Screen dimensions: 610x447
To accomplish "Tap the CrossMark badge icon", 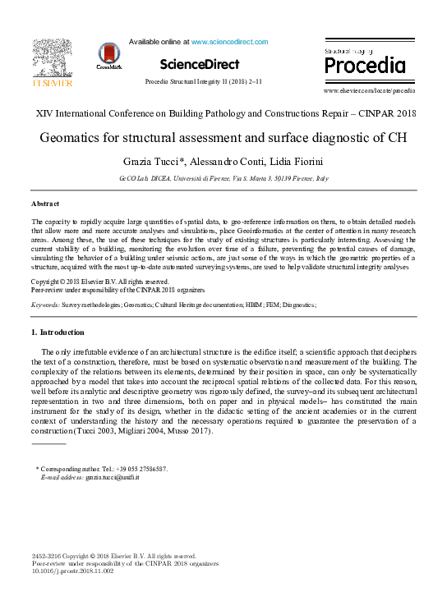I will (108, 55).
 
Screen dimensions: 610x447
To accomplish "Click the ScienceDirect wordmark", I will (200, 64).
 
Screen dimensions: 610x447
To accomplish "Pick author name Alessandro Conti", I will (222, 161).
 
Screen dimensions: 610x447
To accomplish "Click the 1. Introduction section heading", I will (58, 333).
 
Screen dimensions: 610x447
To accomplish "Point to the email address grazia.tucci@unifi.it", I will (112, 477).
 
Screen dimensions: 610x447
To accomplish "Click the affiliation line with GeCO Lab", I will (223, 178).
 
